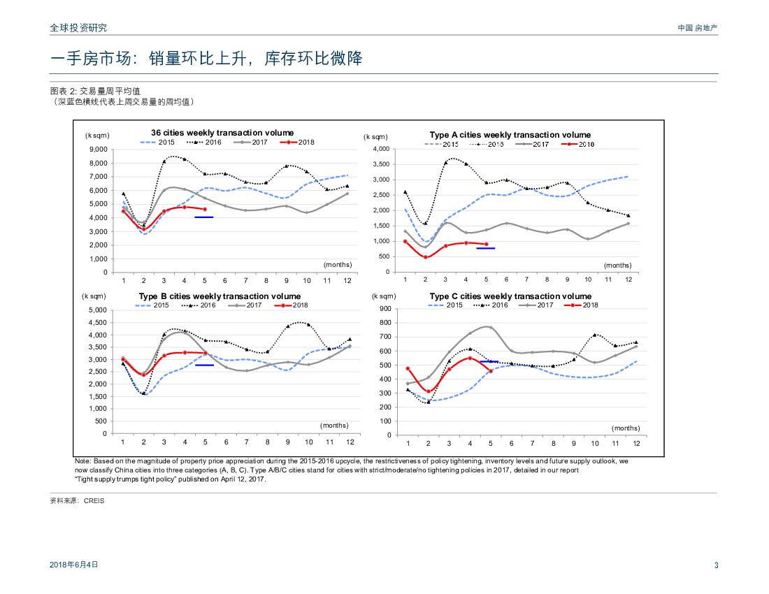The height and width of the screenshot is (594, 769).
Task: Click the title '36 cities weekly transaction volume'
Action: coord(222,133)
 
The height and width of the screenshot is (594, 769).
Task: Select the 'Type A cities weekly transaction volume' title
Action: coord(510,135)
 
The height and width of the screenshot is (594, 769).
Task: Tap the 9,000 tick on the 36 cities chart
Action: coord(97,150)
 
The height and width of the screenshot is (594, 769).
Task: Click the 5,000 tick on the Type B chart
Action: coord(96,310)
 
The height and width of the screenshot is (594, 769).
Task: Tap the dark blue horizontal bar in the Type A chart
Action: coord(485,248)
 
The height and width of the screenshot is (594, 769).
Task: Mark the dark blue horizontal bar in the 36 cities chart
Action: coord(203,217)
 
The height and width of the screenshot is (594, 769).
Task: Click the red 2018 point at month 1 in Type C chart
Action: coord(408,368)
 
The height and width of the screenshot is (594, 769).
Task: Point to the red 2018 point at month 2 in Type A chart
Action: coord(425,257)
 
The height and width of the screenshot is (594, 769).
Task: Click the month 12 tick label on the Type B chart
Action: coord(350,442)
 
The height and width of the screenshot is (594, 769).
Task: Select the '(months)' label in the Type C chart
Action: coord(626,428)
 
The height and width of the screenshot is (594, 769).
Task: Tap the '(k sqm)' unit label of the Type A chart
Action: coord(375,137)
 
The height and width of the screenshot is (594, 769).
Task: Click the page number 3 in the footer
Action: coord(716,565)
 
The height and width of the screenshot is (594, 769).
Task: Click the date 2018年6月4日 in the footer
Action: coord(74,565)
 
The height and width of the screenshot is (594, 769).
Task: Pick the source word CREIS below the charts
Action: coord(93,501)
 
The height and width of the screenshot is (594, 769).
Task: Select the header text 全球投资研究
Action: coord(79,28)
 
